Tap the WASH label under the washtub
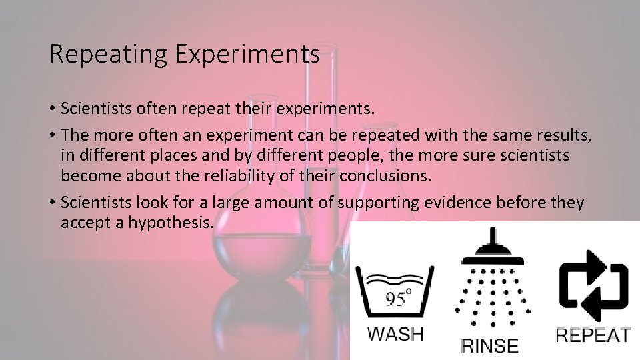click(397, 334)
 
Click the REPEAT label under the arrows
click(594, 334)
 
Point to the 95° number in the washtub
click(397, 297)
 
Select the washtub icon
click(397, 293)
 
